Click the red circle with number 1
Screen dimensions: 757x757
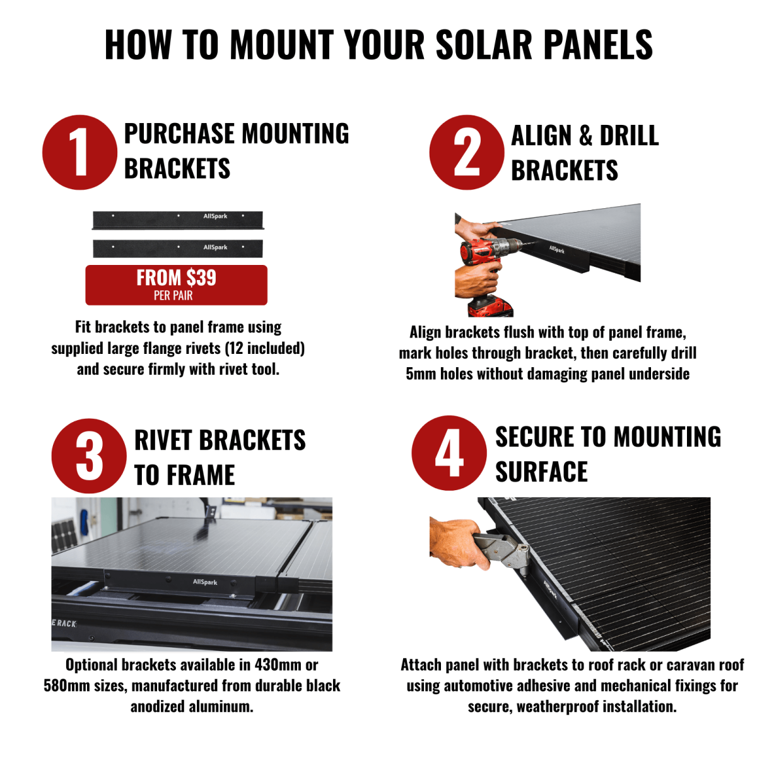click(79, 153)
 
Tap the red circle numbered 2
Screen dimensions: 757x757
click(467, 153)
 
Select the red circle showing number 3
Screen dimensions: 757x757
click(89, 455)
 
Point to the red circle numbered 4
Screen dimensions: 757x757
click(449, 453)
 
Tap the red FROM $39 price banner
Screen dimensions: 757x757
click(177, 285)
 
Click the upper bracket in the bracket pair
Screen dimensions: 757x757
click(177, 220)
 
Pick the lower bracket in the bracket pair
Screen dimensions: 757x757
click(177, 249)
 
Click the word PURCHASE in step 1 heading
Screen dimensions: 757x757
click(180, 134)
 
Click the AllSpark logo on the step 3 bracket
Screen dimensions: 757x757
click(205, 582)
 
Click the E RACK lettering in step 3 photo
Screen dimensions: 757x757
click(64, 623)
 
